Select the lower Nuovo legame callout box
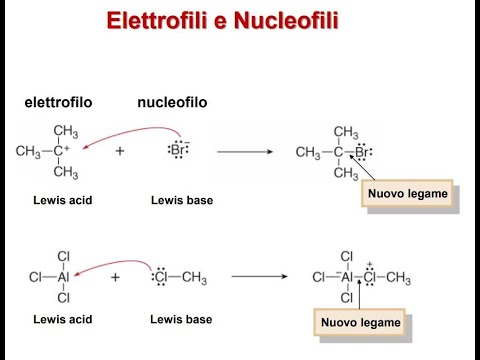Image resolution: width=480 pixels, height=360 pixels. (360, 322)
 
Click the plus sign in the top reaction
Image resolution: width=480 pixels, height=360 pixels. (120, 151)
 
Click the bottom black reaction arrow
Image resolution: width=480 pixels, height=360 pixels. (257, 276)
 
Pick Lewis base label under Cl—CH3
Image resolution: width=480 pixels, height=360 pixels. (181, 320)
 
